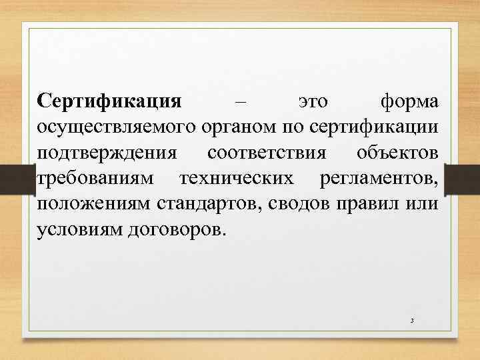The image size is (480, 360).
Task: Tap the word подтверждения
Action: (107, 153)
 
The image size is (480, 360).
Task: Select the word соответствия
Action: (267, 153)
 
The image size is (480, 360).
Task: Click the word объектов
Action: (398, 153)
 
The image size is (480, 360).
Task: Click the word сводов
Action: (293, 204)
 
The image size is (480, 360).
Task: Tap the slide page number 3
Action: (413, 321)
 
